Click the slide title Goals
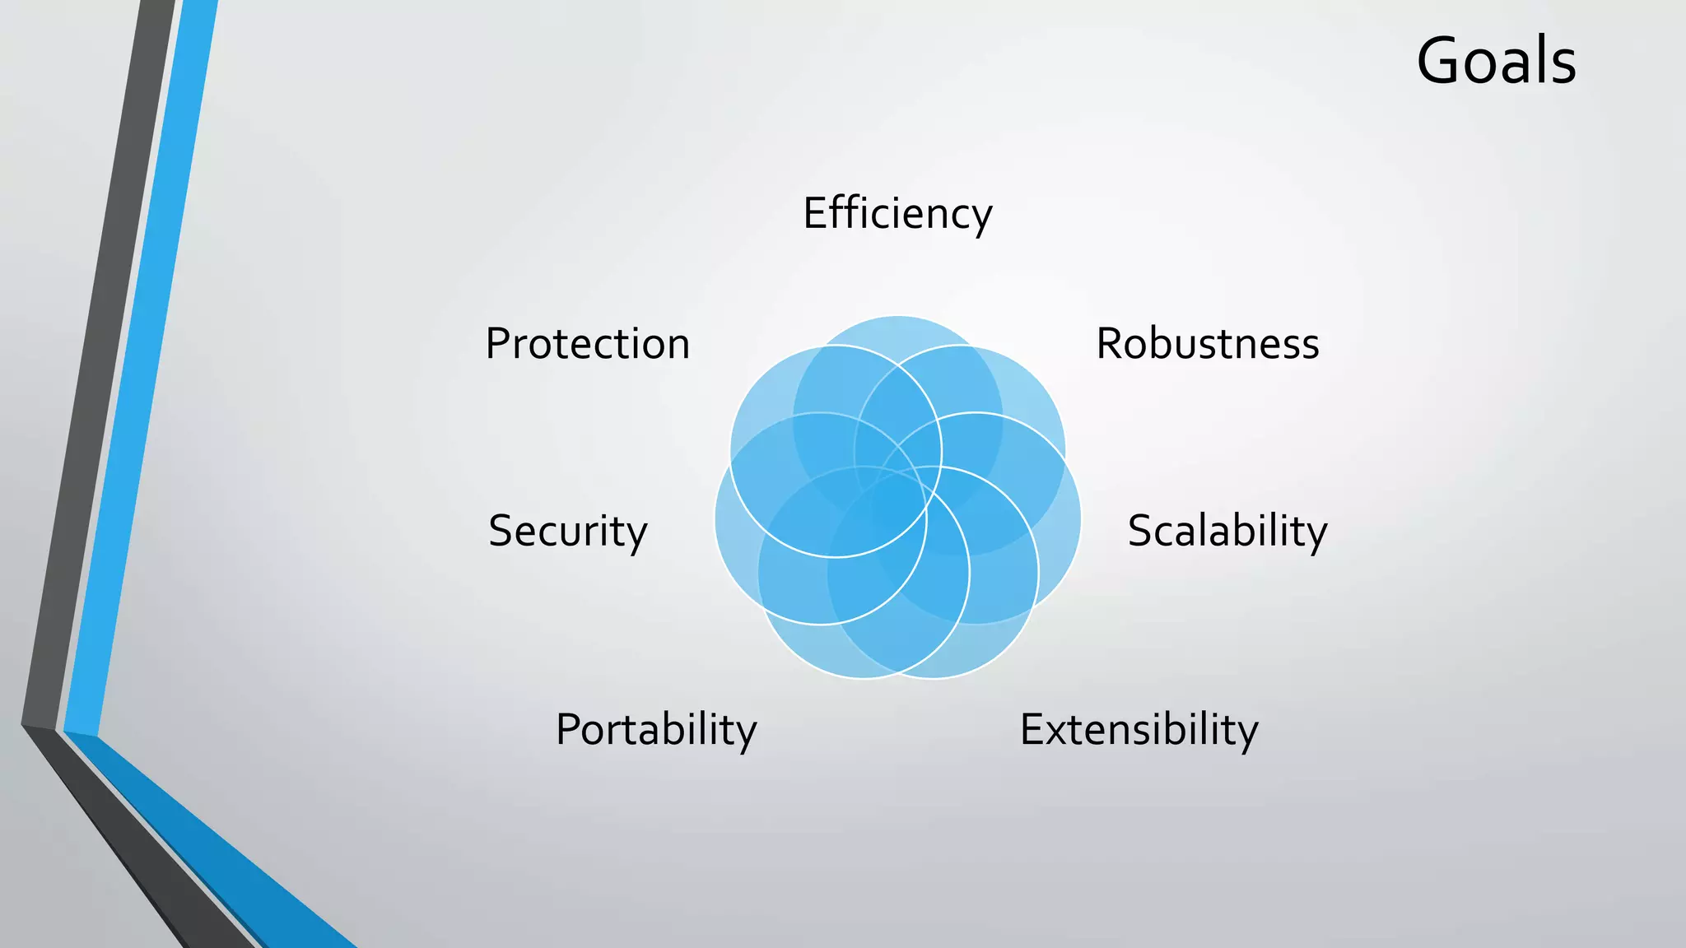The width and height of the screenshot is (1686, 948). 1496,61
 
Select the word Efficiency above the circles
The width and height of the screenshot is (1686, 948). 897,213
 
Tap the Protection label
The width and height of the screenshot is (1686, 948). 587,343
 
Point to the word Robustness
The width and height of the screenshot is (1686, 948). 1207,343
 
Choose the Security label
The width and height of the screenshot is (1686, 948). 567,531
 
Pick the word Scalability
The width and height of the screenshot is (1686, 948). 1227,531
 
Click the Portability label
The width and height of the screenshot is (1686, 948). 655,730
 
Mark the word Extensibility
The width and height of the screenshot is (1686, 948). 1139,730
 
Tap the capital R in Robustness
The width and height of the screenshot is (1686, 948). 1109,344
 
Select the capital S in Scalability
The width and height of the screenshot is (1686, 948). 1141,531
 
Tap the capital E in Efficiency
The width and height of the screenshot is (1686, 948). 813,213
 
